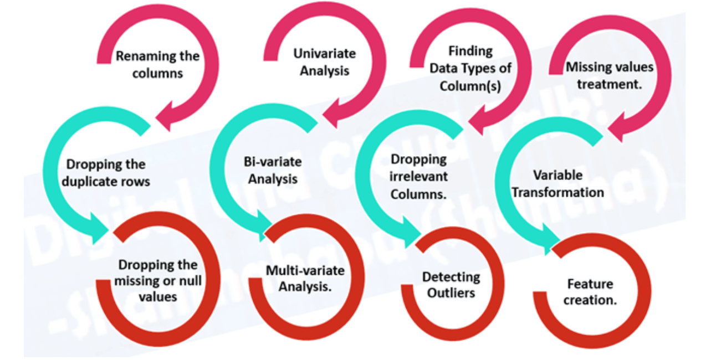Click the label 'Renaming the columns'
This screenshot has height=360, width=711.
tap(157, 64)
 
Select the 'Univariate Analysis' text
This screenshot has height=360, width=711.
tap(324, 62)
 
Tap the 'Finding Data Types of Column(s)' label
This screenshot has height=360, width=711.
tap(470, 69)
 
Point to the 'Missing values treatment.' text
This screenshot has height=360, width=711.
tap(610, 76)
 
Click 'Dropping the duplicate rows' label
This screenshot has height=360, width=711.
tap(106, 173)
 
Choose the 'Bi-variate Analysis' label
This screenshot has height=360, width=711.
tap(273, 171)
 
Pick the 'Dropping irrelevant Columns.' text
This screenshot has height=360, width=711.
tap(418, 177)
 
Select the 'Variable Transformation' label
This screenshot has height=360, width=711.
tap(557, 183)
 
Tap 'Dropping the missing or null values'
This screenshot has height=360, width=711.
tap(158, 281)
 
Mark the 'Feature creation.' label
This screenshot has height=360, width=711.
tap(590, 292)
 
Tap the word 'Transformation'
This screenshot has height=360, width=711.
tap(557, 192)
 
